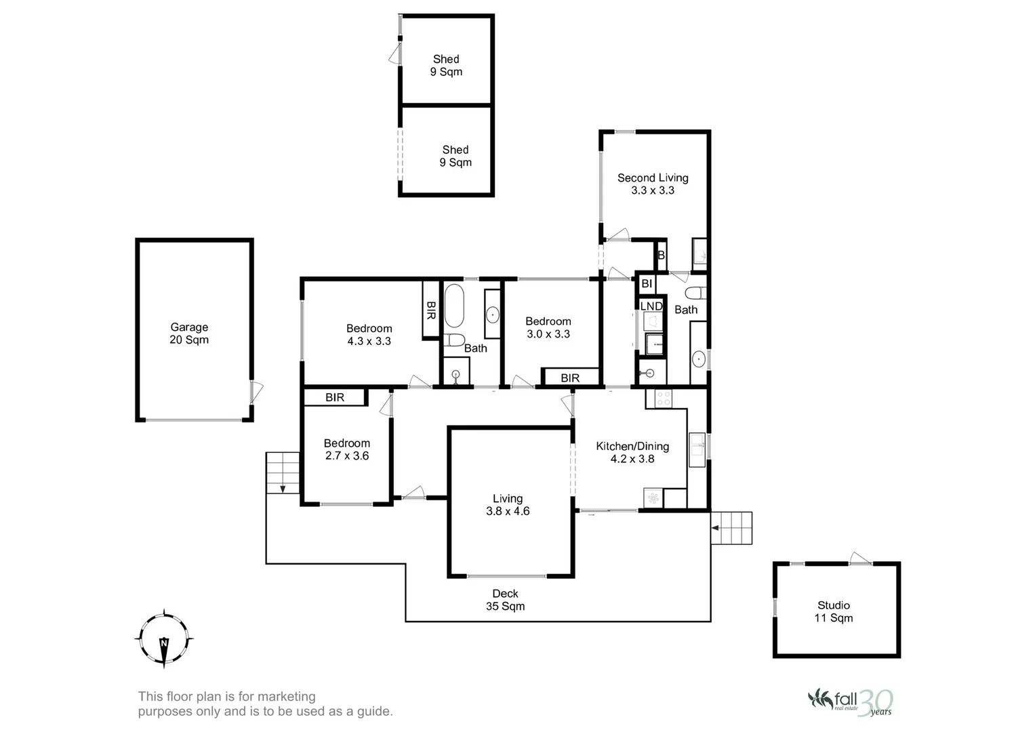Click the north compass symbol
click(x=164, y=639)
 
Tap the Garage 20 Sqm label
click(x=189, y=333)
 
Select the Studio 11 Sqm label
click(x=834, y=611)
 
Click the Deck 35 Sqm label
click(x=505, y=600)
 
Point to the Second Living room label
click(x=653, y=184)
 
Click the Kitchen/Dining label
click(x=632, y=452)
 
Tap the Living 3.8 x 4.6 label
click(x=508, y=505)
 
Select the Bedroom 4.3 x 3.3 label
click(x=369, y=335)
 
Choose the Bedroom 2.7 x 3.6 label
click(x=347, y=449)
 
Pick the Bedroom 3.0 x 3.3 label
click(x=548, y=327)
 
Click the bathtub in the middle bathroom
click(x=453, y=306)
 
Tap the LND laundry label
click(x=651, y=306)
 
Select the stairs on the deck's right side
click(x=732, y=527)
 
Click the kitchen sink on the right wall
click(x=697, y=450)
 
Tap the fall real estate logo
click(x=850, y=701)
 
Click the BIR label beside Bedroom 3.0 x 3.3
click(x=570, y=378)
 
